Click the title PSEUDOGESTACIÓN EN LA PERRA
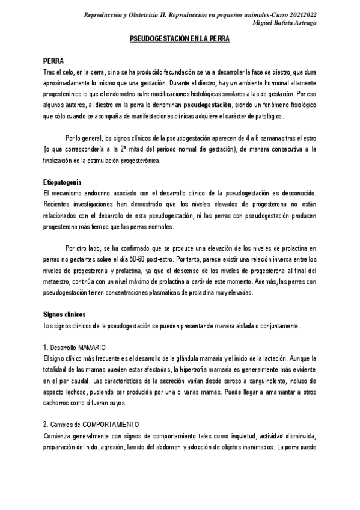point(180,38)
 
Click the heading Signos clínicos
point(64,315)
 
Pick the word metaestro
point(58,281)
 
